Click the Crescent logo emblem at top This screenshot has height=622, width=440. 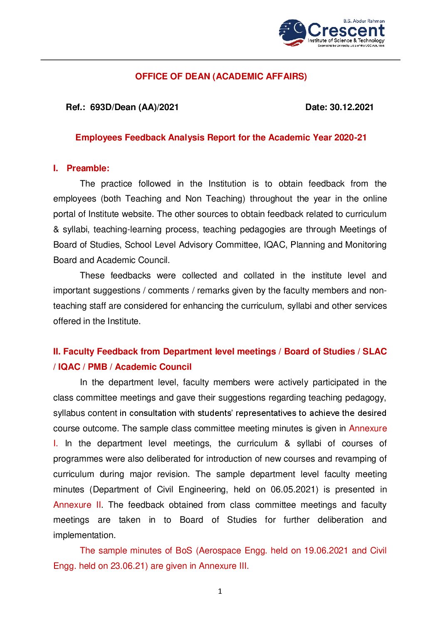pos(293,32)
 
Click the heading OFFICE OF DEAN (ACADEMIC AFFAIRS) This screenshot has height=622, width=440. pos(221,76)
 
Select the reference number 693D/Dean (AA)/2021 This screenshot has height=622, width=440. pos(134,107)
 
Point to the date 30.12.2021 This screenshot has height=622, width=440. pos(351,107)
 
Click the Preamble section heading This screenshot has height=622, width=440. pos(88,168)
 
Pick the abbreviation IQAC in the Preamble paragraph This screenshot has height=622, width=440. pos(274,245)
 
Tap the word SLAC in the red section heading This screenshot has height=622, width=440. pos(374,352)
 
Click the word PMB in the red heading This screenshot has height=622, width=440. pos(97,367)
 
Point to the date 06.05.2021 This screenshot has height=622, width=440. pos(294,489)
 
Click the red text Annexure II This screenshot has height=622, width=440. pos(77,505)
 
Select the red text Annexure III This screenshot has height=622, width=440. pos(223,566)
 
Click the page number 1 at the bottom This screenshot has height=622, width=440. pos(220,591)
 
